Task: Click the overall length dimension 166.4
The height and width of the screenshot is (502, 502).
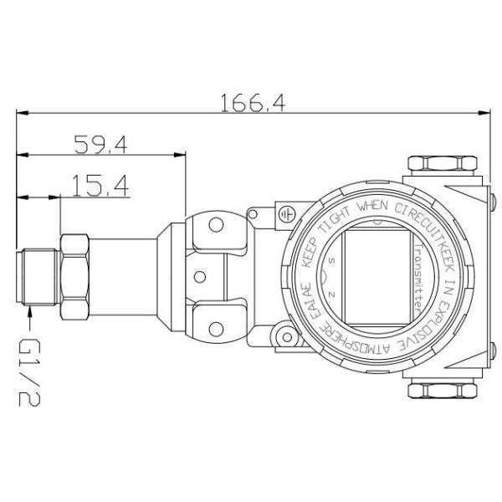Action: [252, 102]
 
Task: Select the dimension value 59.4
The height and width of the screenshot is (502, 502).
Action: [100, 145]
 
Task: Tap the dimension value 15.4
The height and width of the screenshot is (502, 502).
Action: [100, 186]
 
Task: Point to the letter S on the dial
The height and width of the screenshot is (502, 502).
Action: [334, 262]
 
